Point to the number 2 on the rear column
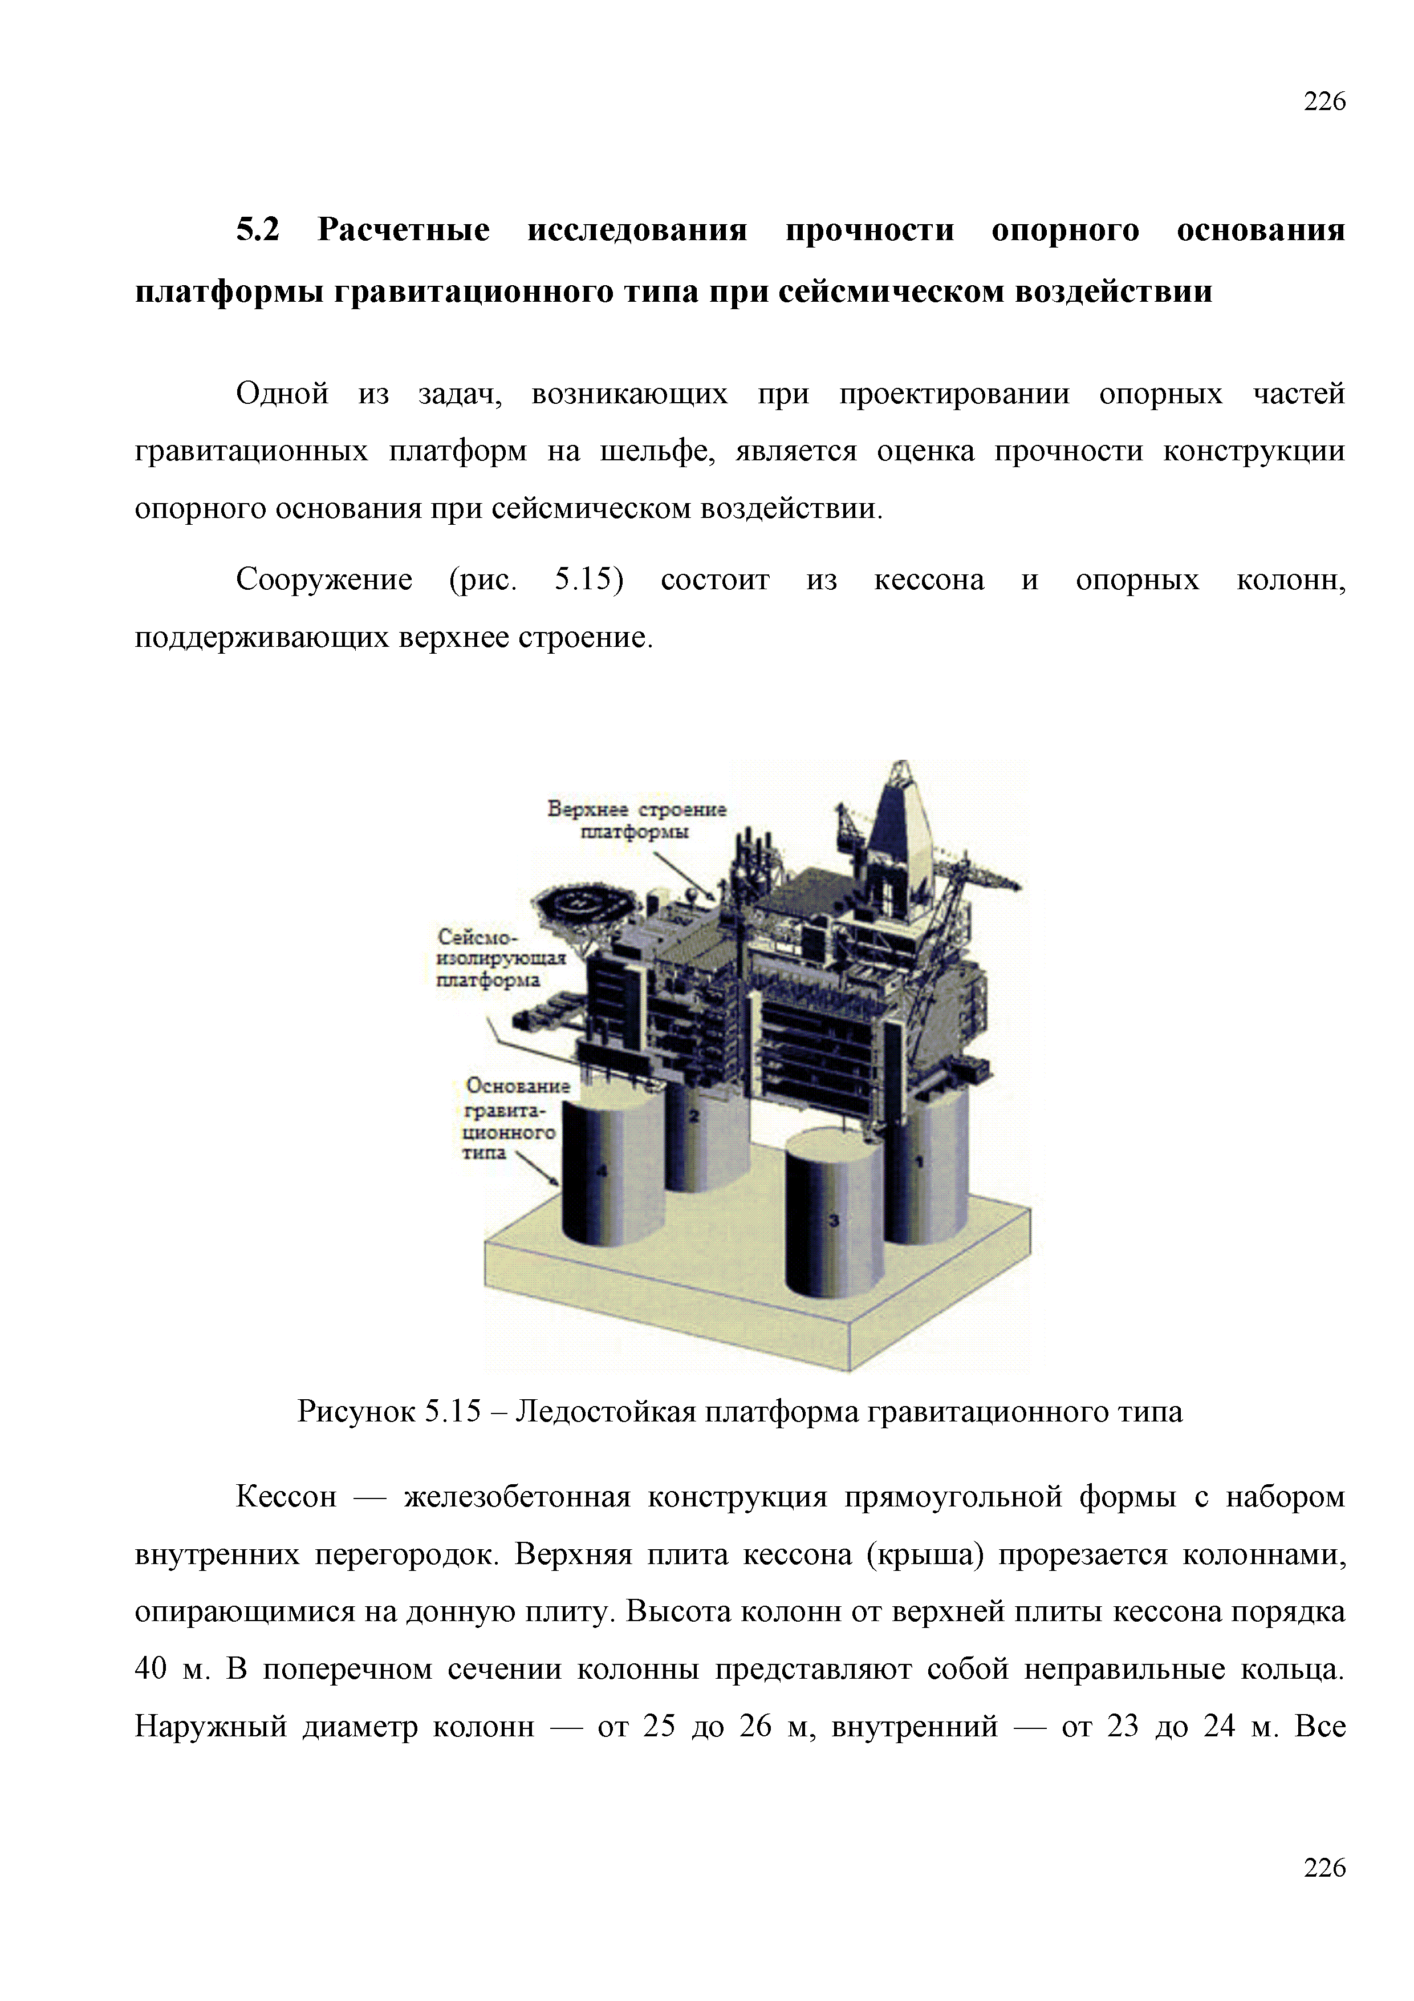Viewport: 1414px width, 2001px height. pos(694,1116)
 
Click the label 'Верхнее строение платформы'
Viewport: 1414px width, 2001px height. pos(637,819)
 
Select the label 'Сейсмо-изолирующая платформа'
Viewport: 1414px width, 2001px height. pos(501,958)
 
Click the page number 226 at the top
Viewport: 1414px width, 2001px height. pos(1324,102)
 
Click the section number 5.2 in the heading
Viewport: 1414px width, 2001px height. pos(258,230)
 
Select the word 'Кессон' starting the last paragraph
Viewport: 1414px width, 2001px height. pos(286,1496)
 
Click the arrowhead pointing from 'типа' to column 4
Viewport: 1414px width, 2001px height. pos(553,1180)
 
